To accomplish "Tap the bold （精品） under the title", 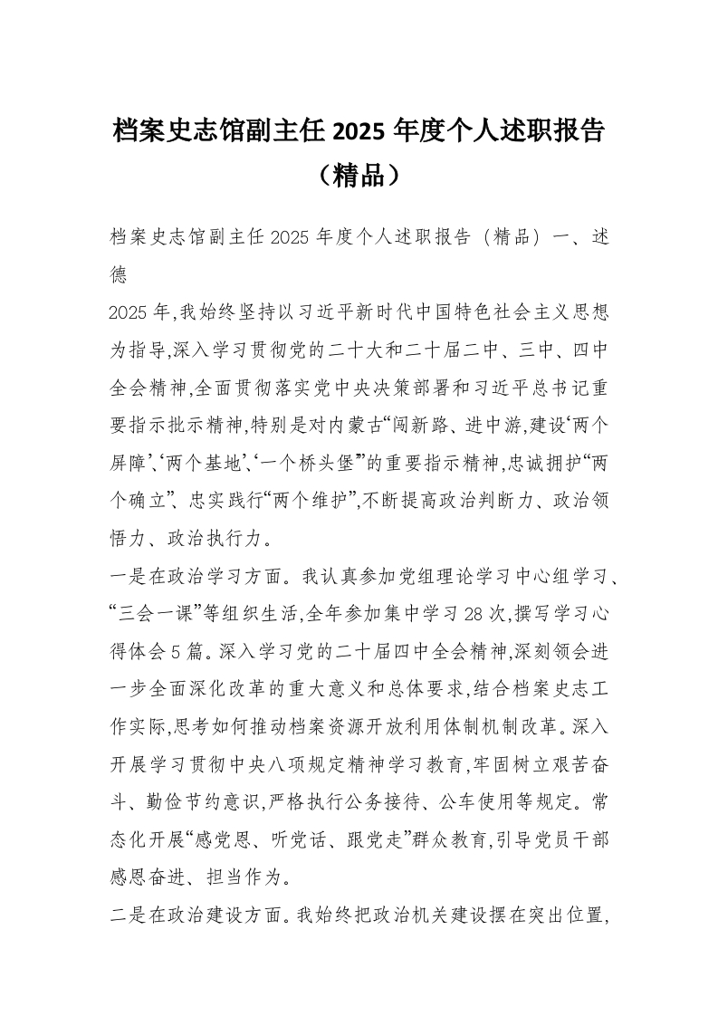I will coord(359,174).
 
